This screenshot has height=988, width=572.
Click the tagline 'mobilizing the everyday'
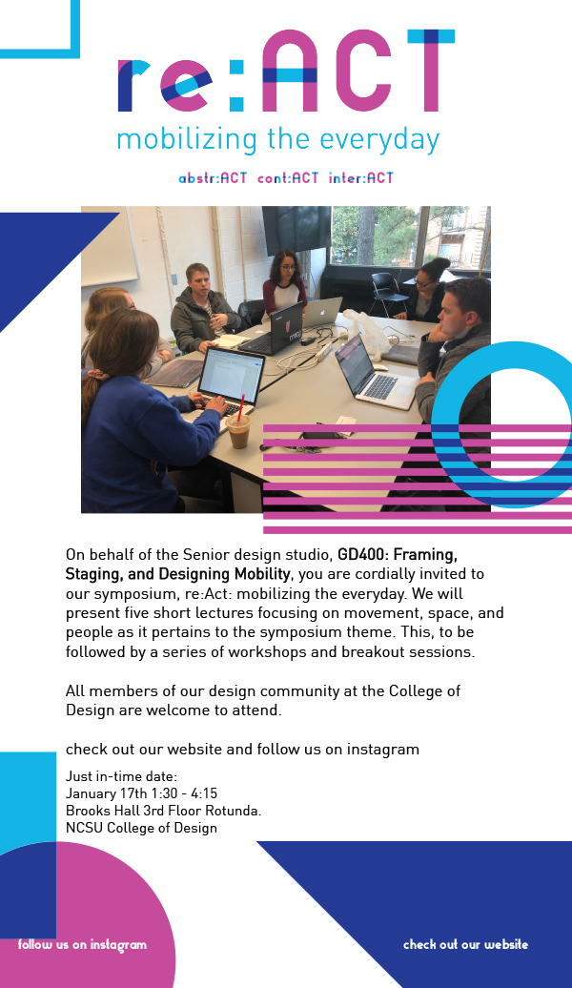point(277,140)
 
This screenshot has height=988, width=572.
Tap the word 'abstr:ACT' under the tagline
point(213,178)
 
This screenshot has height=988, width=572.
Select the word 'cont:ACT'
point(288,178)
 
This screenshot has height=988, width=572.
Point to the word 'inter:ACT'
point(361,178)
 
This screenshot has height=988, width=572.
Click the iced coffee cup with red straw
point(238,426)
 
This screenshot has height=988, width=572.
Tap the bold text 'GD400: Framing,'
point(398,554)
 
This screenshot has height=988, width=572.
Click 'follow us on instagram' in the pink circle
point(82,944)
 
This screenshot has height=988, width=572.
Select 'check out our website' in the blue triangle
point(465,944)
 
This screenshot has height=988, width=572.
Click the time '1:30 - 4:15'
point(185,793)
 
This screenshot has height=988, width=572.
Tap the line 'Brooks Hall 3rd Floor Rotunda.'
point(163,811)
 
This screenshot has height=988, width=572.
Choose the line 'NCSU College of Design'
point(141,828)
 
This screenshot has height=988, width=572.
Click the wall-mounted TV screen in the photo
point(296,230)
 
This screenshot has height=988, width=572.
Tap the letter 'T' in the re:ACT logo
point(431,71)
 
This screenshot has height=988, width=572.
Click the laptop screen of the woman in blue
point(232,376)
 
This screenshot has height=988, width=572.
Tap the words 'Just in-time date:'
point(122,776)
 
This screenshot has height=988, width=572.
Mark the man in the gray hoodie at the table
point(203,309)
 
